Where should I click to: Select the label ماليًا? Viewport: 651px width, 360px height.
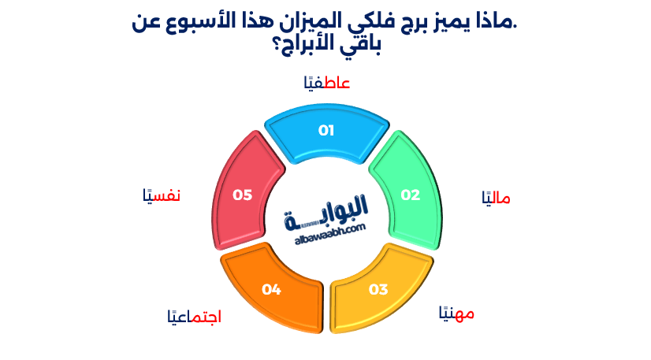tap(496, 199)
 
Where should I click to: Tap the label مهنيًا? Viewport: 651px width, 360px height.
tap(456, 314)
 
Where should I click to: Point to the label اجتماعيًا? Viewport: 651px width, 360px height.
tap(193, 317)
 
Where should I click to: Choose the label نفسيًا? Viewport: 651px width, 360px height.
tap(162, 195)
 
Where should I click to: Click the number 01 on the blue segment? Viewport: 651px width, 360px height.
tap(326, 130)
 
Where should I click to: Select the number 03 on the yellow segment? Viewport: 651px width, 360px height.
tap(378, 289)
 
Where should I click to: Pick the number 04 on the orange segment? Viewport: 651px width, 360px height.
tap(272, 290)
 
